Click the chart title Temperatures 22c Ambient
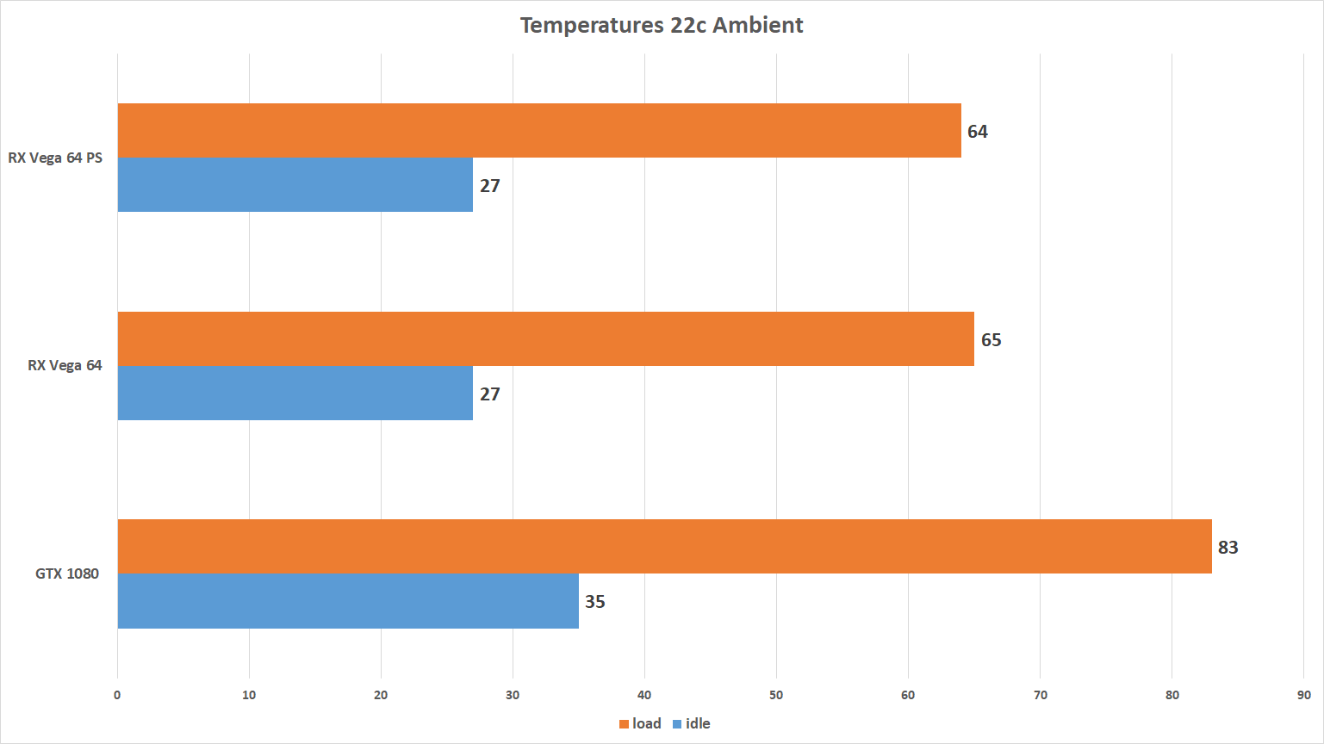(662, 25)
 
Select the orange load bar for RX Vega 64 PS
(539, 131)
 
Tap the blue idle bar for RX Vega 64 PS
(295, 185)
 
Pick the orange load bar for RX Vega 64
(546, 339)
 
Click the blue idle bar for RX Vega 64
(295, 394)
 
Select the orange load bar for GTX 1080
(664, 547)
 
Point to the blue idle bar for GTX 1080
(348, 601)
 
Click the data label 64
(978, 132)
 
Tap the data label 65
(991, 340)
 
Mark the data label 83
(1228, 548)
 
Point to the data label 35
(595, 602)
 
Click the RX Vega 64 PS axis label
(55, 158)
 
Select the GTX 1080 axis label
(67, 573)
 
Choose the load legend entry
(641, 723)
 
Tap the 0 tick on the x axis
(117, 695)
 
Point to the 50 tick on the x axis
(776, 695)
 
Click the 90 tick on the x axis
(1303, 695)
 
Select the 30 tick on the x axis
(513, 695)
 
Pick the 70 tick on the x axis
(1040, 695)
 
